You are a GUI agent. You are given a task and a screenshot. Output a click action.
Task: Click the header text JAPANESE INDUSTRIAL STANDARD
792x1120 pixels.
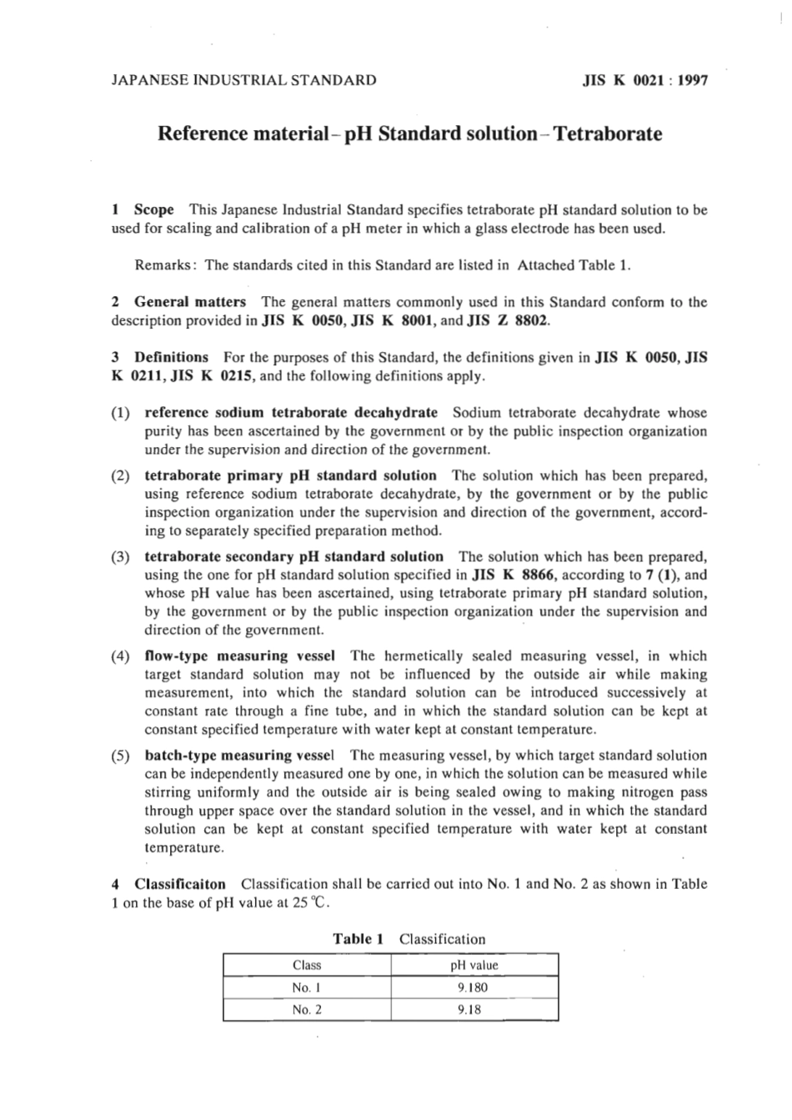(x=243, y=81)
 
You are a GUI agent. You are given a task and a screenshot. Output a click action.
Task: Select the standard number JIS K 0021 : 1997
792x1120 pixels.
(x=644, y=81)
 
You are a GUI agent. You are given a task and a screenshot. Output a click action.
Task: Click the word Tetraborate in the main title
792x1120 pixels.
(x=610, y=133)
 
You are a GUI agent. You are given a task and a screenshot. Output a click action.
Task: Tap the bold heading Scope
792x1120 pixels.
(x=154, y=210)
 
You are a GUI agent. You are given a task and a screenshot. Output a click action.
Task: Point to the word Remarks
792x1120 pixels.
(x=164, y=265)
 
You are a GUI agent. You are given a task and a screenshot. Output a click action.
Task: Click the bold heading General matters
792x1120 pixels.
(x=190, y=302)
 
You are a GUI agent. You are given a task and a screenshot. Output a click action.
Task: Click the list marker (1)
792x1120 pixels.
(x=120, y=413)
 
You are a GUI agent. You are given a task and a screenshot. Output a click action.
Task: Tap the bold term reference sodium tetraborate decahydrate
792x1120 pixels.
(x=291, y=412)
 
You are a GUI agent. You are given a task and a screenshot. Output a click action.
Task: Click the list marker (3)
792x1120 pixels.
(x=120, y=556)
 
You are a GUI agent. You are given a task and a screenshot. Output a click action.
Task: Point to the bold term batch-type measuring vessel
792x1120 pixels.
(x=240, y=756)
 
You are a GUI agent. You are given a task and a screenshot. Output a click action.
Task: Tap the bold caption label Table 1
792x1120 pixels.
(x=358, y=938)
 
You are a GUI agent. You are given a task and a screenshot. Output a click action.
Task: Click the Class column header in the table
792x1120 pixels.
(x=307, y=965)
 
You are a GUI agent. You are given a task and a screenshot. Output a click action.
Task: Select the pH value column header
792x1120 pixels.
(x=474, y=965)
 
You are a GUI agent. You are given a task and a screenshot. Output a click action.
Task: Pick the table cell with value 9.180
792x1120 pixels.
(x=473, y=987)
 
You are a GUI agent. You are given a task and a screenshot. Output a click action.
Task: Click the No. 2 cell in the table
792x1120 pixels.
(x=307, y=1010)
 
